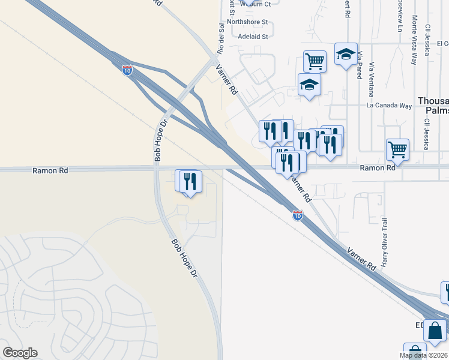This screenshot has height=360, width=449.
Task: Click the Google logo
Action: pos(20,353)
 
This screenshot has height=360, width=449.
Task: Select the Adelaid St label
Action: pos(253,37)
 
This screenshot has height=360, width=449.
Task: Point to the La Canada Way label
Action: pos(390,106)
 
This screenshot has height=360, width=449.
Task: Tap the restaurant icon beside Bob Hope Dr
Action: pos(190,181)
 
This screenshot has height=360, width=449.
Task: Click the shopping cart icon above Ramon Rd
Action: pos(397,149)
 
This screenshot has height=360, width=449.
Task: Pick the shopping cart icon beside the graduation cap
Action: pos(315,61)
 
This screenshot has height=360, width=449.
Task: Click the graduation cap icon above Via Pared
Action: pos(346,54)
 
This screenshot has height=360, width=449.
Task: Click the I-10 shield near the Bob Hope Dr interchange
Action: pos(127,70)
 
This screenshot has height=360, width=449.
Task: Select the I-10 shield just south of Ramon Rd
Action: pos(298,215)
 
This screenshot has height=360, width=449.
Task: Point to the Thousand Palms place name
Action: pos(433,106)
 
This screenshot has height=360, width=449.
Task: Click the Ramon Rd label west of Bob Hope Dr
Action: pos(50,170)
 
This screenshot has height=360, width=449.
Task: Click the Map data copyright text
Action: pos(423,356)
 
